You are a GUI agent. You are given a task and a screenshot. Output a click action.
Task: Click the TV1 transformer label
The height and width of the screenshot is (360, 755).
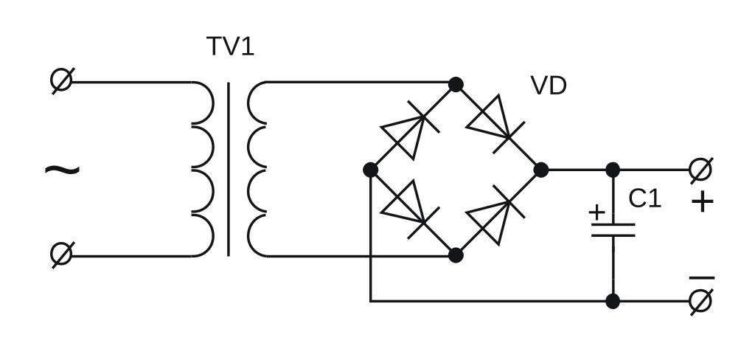pyautogui.click(x=230, y=46)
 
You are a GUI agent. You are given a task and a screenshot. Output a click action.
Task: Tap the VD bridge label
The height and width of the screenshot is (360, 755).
pyautogui.click(x=549, y=86)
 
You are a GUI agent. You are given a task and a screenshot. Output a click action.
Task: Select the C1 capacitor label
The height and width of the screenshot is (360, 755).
pyautogui.click(x=645, y=199)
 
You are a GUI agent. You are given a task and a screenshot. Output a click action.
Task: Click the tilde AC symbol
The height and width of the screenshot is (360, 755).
pyautogui.click(x=62, y=170)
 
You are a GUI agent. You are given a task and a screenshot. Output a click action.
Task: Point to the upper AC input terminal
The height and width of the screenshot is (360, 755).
pyautogui.click(x=62, y=80)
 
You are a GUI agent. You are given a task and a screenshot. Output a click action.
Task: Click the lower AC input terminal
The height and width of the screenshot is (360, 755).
pyautogui.click(x=62, y=255)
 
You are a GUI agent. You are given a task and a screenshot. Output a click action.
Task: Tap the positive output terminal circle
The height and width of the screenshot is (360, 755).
pyautogui.click(x=701, y=170)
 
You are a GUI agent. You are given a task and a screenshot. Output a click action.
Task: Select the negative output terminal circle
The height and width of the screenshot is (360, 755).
pyautogui.click(x=701, y=301)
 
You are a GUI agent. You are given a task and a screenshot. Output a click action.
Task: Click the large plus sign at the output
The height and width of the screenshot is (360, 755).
pyautogui.click(x=703, y=201)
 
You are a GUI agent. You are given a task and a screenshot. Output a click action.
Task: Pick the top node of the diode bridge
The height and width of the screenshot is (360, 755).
pyautogui.click(x=456, y=85)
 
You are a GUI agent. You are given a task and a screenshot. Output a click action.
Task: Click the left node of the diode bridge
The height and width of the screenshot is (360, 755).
pyautogui.click(x=371, y=170)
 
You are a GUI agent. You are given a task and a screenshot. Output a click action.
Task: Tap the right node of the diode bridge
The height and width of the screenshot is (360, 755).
pyautogui.click(x=540, y=170)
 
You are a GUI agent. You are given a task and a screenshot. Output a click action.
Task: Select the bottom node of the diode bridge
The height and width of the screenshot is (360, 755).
pyautogui.click(x=456, y=255)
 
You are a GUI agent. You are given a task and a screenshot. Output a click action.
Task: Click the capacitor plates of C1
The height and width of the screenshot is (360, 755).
pyautogui.click(x=613, y=229)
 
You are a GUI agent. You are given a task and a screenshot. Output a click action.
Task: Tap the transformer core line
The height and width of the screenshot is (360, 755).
pyautogui.click(x=229, y=170)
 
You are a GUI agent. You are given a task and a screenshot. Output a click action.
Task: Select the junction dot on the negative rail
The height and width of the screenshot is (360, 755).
pyautogui.click(x=613, y=301)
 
